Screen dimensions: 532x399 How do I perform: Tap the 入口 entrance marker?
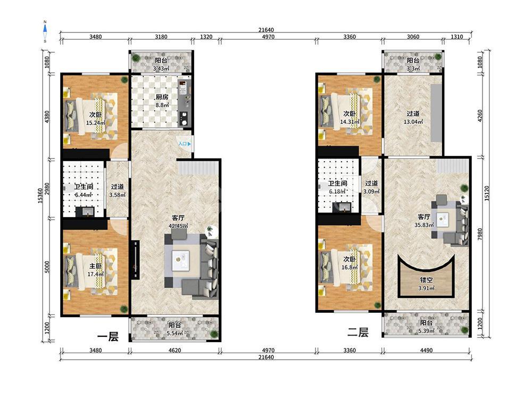tap(185, 144)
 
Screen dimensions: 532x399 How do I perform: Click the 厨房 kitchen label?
tap(162, 97)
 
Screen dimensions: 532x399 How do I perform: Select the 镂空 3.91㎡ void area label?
tap(426, 284)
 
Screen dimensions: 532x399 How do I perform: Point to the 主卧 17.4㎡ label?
tap(95, 270)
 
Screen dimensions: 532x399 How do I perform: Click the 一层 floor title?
tap(108, 337)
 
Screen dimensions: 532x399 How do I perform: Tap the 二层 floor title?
tap(358, 332)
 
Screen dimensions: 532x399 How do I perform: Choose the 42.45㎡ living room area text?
tap(178, 226)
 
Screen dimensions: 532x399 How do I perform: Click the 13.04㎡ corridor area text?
tap(413, 122)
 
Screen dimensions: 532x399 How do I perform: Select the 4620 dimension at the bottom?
tap(174, 350)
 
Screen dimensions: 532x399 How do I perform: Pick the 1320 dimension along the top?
tap(206, 37)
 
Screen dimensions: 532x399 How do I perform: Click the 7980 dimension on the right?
tap(479, 234)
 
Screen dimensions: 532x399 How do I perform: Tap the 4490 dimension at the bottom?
tap(426, 350)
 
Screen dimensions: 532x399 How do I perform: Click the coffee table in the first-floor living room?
tap(180, 260)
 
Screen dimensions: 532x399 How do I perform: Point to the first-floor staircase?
tap(198, 168)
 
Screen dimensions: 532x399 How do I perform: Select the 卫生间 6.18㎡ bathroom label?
tap(337, 187)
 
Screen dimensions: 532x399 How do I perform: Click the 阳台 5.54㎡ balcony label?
tap(174, 329)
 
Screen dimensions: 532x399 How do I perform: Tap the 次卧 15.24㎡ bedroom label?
tap(95, 119)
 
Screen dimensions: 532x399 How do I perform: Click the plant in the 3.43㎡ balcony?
tap(136, 58)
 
